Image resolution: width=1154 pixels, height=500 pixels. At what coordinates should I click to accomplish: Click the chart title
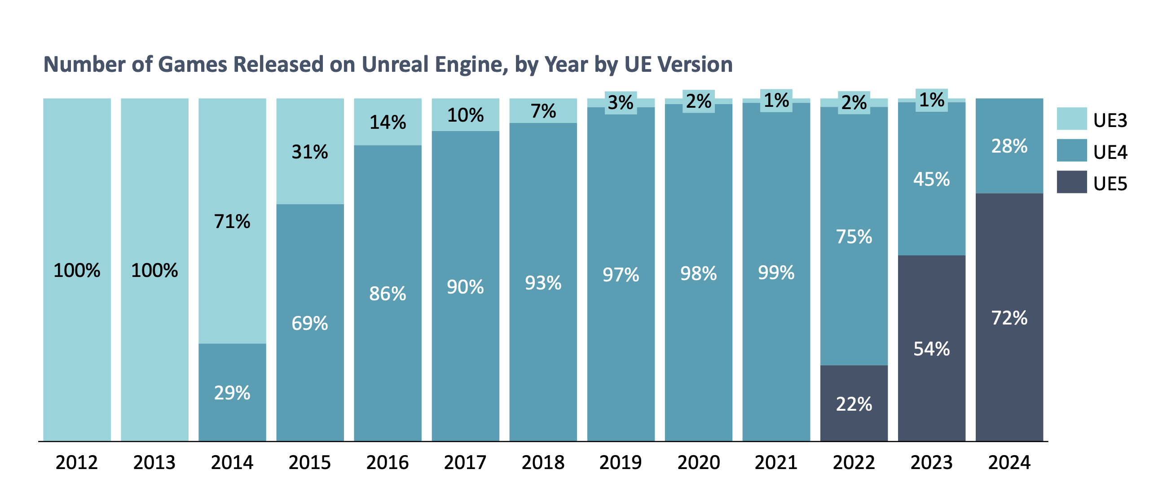(388, 64)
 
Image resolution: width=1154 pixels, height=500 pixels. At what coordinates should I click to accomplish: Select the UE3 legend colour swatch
(1071, 119)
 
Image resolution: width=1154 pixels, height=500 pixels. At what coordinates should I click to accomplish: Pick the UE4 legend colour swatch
(1071, 150)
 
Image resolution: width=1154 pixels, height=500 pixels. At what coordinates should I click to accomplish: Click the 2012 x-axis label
(76, 462)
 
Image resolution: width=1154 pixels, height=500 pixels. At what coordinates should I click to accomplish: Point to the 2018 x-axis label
(543, 462)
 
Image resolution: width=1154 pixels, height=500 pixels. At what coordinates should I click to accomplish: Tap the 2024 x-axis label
(1009, 462)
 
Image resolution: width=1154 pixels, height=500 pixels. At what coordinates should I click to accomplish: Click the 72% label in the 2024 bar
(1009, 318)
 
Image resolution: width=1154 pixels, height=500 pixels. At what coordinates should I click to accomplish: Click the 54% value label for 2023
(931, 349)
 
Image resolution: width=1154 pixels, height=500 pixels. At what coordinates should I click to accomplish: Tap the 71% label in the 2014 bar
(232, 221)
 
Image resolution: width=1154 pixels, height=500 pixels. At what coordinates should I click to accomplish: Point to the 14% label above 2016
(388, 122)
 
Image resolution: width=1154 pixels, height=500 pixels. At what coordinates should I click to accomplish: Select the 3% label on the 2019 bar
(621, 103)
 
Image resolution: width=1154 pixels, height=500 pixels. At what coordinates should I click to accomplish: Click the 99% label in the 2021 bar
(776, 272)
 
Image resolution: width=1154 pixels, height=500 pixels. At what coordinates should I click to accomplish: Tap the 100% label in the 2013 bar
(154, 270)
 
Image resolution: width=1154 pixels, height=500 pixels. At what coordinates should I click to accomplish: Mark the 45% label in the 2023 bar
(931, 179)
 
